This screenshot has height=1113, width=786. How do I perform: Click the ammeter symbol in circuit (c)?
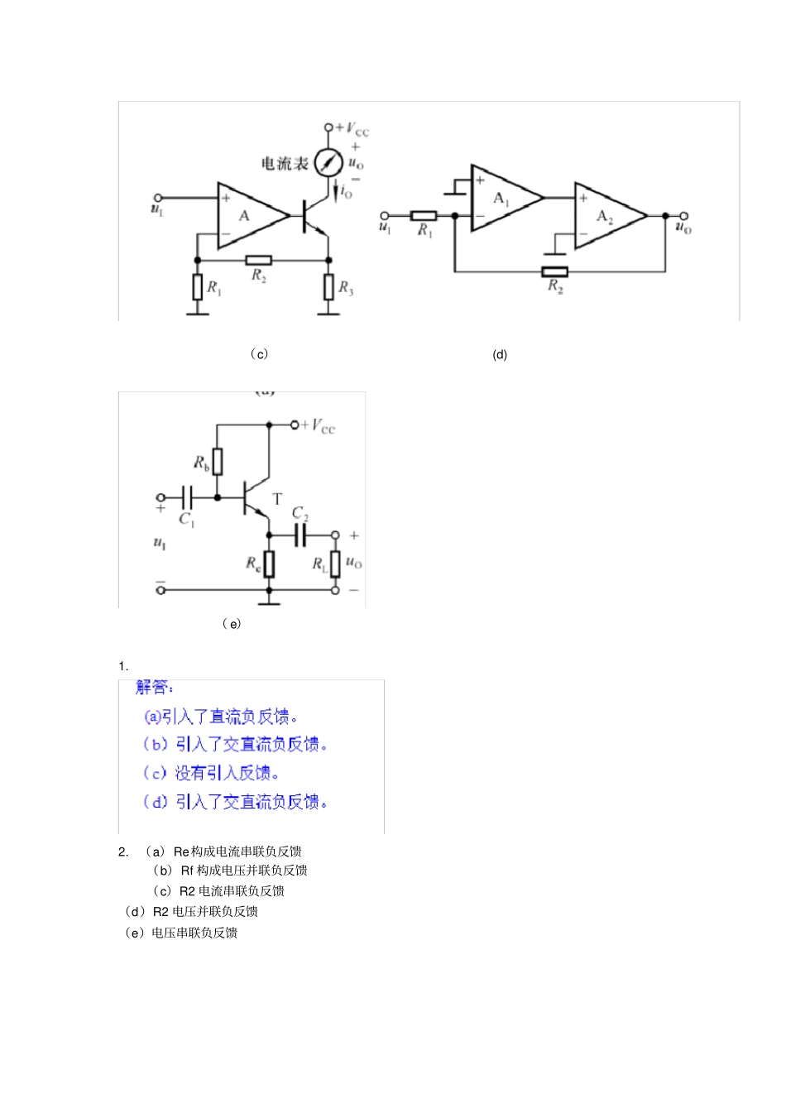tap(328, 162)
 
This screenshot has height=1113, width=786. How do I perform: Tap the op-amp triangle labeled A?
tap(248, 216)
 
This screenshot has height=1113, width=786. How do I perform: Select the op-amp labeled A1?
tap(503, 198)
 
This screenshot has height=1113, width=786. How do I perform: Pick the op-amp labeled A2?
tap(607, 216)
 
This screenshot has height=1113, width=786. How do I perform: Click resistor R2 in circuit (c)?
tap(259, 260)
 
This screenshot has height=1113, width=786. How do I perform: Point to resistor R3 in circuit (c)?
tap(328, 287)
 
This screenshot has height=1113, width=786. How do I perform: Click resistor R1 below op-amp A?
tap(197, 287)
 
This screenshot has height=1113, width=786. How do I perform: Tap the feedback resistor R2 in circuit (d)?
tap(554, 271)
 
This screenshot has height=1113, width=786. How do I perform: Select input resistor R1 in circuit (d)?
tap(424, 216)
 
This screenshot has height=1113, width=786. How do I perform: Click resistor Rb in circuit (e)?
tap(218, 462)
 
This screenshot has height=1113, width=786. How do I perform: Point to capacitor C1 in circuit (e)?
tap(189, 497)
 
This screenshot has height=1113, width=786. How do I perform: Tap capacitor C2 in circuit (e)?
tap(300, 535)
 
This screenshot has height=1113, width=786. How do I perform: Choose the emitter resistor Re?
tap(269, 564)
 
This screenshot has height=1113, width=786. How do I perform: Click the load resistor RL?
tap(335, 564)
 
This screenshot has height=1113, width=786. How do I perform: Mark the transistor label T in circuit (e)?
tap(277, 499)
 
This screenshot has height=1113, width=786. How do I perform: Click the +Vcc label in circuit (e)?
tap(319, 426)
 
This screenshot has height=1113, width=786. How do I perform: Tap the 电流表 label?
tap(285, 164)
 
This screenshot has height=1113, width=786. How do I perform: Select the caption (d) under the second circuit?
tap(500, 354)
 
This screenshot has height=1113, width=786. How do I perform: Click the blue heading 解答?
tap(155, 688)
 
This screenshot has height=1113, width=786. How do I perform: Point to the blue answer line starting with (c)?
tap(212, 773)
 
